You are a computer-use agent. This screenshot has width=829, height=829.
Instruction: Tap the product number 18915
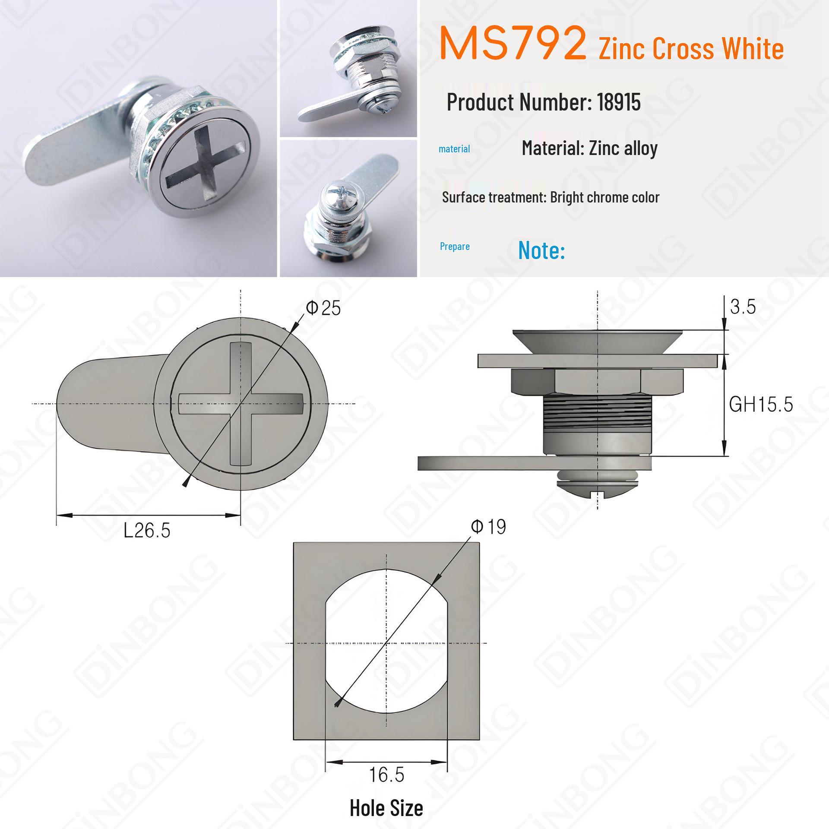[x=619, y=102]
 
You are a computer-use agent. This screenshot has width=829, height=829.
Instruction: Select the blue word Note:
[x=541, y=250]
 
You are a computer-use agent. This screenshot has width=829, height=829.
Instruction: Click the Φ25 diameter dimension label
[x=323, y=308]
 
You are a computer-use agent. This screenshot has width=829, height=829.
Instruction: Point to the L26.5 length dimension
[x=147, y=530]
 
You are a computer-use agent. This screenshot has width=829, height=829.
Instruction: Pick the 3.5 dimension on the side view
[x=743, y=307]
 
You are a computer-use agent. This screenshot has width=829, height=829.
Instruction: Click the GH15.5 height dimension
[x=761, y=405]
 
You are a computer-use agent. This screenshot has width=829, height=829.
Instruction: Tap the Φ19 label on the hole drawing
[x=488, y=527]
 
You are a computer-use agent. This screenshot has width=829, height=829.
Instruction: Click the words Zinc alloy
[x=623, y=148]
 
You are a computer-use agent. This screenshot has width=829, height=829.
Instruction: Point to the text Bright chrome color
[x=604, y=197]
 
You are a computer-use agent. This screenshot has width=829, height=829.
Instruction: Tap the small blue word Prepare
[x=455, y=247]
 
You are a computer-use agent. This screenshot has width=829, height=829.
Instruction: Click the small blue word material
[x=454, y=149]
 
